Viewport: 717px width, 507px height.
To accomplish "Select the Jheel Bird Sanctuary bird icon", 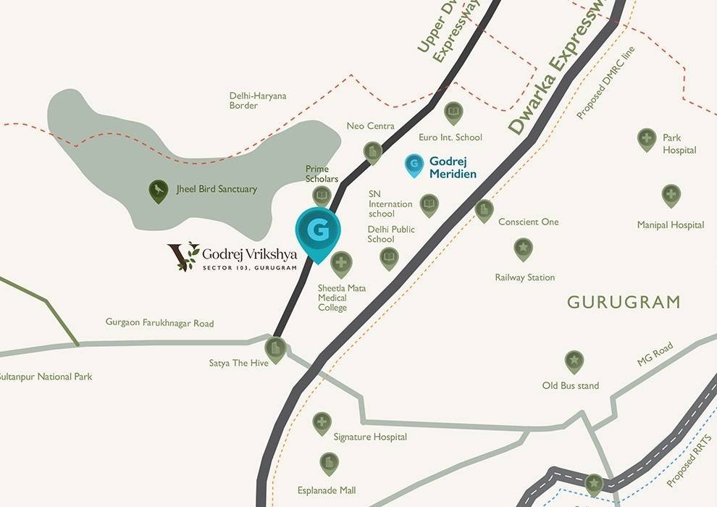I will coord(159,190).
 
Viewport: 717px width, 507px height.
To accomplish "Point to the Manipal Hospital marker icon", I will coord(671,195).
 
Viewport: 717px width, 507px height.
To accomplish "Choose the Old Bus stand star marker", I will coord(574,361).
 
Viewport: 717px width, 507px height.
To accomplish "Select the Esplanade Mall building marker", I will coord(329,463).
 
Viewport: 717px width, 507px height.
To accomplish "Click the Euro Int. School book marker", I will coord(453,112).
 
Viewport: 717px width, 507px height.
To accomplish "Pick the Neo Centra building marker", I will coord(372,152).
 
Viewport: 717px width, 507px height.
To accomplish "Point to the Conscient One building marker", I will coord(484,210).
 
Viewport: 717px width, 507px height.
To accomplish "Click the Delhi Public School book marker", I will coord(390,258).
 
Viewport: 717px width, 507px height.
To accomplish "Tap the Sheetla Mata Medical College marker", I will coord(341,263).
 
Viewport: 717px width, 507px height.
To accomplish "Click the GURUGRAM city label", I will coord(624,302).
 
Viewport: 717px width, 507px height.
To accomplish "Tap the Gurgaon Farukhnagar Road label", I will coord(159,323).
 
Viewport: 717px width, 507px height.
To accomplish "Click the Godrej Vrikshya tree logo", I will coord(183,256).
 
